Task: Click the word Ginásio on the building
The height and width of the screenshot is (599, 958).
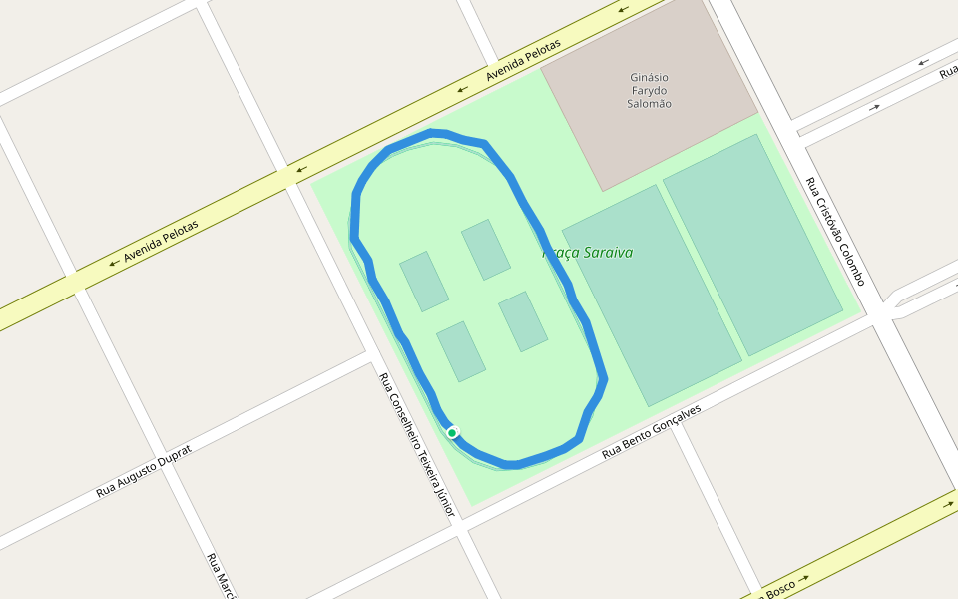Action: coord(649,77)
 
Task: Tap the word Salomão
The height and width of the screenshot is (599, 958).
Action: coord(649,104)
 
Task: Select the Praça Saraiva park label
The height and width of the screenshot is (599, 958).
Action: coord(588,253)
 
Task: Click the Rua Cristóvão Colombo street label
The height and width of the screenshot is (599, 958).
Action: coord(834,232)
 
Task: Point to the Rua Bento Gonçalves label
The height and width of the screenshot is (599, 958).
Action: coord(651,432)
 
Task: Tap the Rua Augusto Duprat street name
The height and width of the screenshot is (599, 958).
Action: coord(143,471)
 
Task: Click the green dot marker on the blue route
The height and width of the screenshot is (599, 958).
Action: coord(452,432)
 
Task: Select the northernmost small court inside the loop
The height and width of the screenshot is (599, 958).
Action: coord(486,250)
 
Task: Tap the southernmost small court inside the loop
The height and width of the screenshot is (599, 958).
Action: coord(461,351)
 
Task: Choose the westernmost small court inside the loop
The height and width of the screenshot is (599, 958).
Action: coord(424,281)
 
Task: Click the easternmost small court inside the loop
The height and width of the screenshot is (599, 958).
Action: coord(523,321)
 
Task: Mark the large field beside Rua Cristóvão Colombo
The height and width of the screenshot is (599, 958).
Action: coord(752,245)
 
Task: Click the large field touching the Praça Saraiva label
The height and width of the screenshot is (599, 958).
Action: coord(651,295)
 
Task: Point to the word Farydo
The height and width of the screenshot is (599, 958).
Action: coord(649,91)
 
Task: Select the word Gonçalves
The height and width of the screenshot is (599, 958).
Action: coord(674,421)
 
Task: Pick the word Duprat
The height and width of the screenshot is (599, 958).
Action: coord(169,458)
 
